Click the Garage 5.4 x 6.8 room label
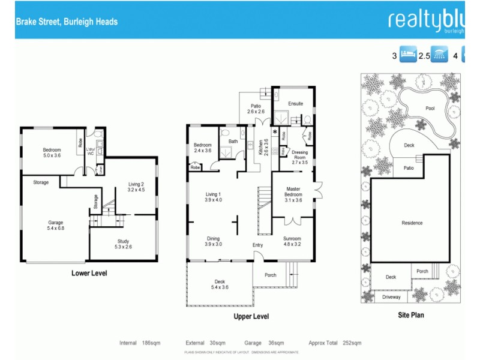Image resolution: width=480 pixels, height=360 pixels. [55, 225]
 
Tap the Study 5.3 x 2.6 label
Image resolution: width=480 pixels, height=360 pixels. [122, 244]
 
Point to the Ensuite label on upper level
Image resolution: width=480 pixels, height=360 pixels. [295, 104]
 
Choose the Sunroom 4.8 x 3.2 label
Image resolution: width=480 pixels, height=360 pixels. [292, 241]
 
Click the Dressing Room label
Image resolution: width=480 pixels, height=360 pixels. [299, 157]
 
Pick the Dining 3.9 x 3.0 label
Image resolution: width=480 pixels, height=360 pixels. [213, 241]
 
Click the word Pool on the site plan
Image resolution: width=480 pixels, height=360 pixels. [430, 109]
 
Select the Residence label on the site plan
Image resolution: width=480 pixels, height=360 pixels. [412, 223]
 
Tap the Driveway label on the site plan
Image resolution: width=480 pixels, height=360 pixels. [391, 297]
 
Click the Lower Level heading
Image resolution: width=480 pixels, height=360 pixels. [89, 273]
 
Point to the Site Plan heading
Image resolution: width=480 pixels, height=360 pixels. [411, 314]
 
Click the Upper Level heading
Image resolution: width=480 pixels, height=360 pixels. [251, 316]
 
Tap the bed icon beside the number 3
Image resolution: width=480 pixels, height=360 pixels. [407, 56]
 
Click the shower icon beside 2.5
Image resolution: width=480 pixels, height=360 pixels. [440, 56]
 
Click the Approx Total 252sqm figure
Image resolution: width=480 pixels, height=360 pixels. [335, 343]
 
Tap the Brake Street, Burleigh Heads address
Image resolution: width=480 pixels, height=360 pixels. [67, 22]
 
